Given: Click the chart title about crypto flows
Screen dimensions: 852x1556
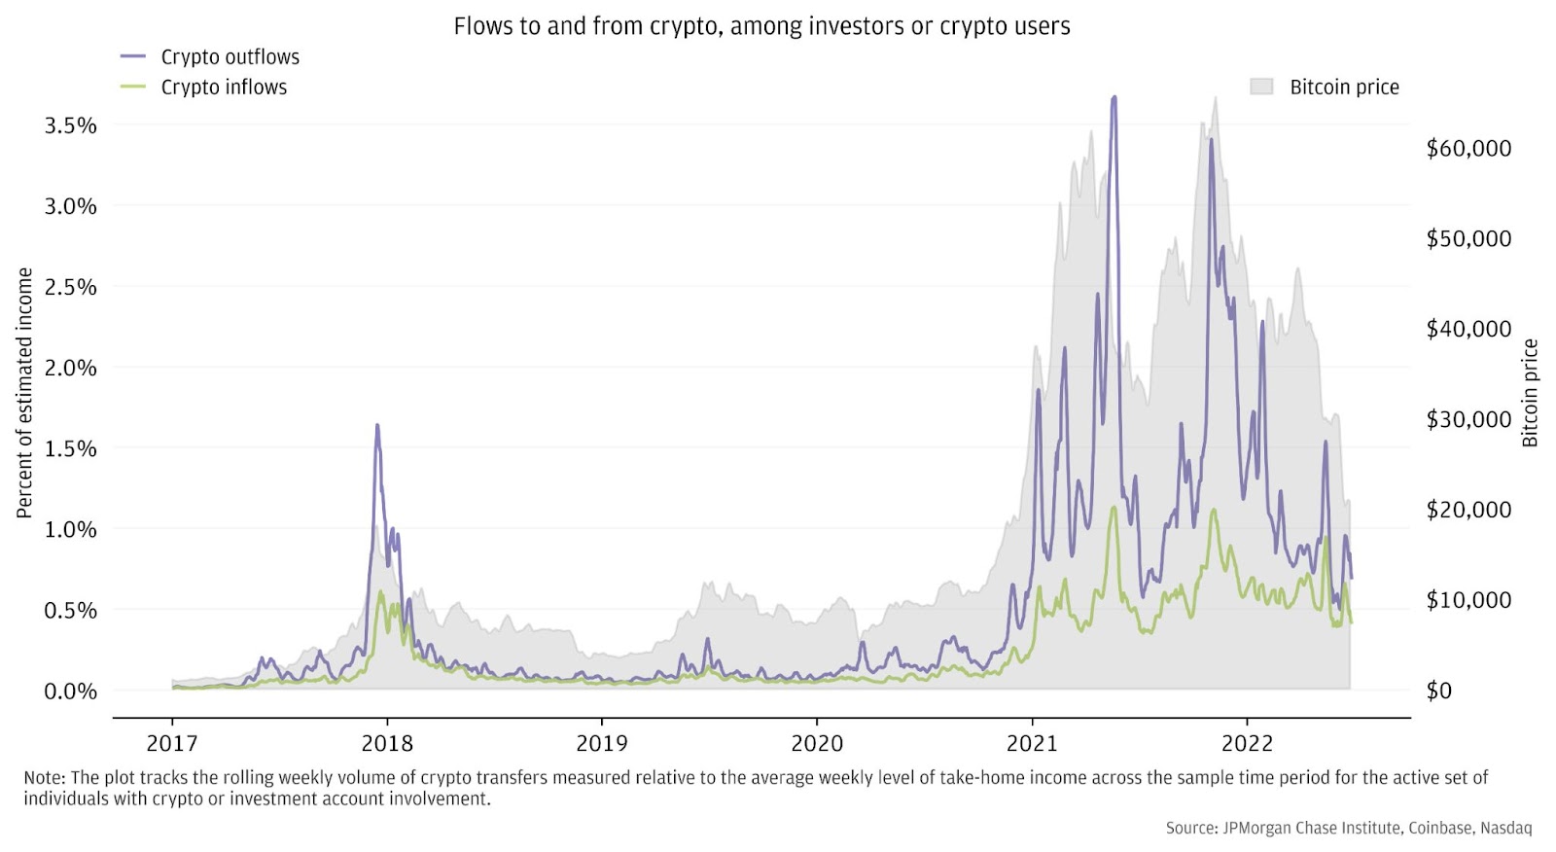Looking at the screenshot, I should coord(761,26).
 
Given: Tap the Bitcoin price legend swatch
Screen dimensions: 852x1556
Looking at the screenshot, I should coord(1261,87).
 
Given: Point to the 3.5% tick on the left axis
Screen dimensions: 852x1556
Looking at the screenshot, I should coord(71,125).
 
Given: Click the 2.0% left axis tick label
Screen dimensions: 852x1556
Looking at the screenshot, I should coord(71,368).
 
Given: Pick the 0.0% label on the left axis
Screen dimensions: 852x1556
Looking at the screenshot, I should coord(71,692).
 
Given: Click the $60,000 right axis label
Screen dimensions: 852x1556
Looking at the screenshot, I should coord(1468,149).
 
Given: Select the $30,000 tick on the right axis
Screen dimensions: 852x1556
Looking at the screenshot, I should coord(1468,419).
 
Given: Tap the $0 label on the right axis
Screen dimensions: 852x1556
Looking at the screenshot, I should coord(1438,691).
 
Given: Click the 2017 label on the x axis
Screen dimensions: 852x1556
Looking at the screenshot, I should coord(172,744).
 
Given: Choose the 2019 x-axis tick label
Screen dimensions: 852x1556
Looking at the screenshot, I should coord(602,744).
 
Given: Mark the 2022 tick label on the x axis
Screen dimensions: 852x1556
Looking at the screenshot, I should coord(1247,744).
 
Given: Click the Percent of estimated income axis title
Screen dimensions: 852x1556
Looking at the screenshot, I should coord(24,393).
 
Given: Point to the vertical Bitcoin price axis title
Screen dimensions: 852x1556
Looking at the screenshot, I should coord(1530,393).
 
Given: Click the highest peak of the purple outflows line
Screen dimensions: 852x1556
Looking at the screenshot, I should coord(1114,97).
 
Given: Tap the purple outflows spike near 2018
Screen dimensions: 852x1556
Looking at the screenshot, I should coord(377,425).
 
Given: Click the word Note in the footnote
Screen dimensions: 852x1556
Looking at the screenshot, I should coord(44,778).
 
